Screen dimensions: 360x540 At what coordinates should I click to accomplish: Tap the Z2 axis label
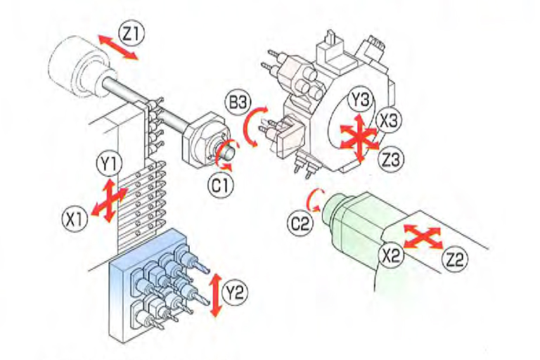click(x=457, y=259)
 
